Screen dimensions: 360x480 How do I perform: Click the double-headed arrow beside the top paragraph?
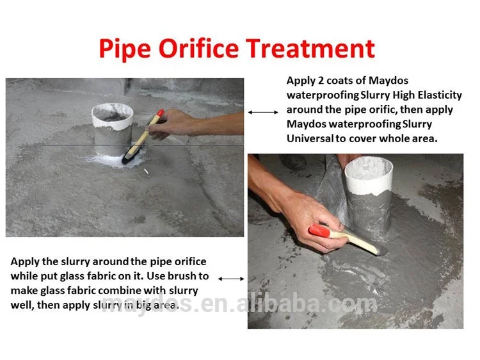pyautogui.click(x=263, y=112)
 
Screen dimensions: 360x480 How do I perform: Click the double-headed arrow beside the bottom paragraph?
pyautogui.click(x=231, y=279)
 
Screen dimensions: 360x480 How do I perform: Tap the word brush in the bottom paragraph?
pyautogui.click(x=177, y=276)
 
